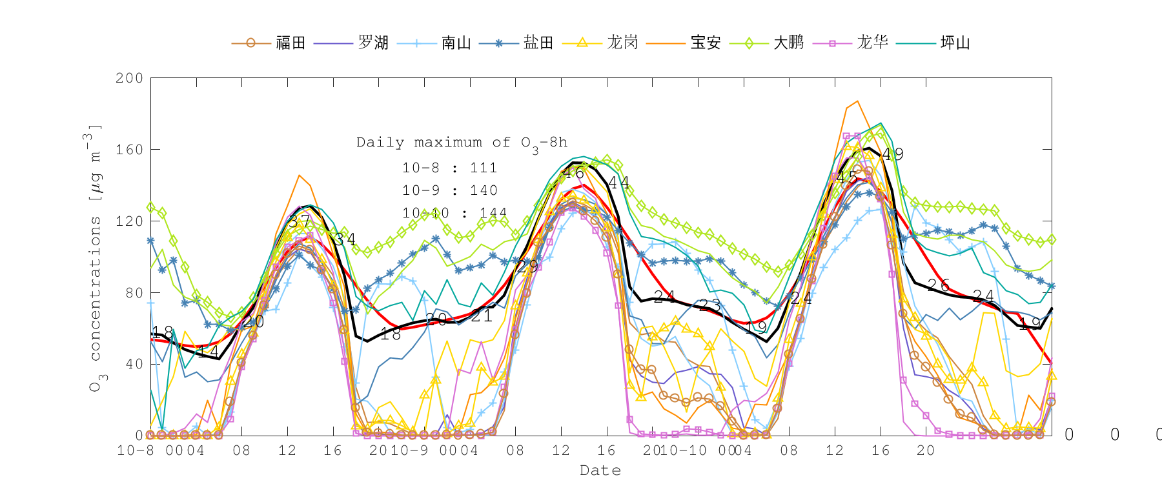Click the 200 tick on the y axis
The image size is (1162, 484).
click(x=129, y=78)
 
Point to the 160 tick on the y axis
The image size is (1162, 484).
click(x=129, y=150)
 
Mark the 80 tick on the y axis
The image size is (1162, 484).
click(x=133, y=293)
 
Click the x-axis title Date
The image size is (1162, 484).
click(x=600, y=470)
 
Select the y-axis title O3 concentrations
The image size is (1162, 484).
click(x=95, y=258)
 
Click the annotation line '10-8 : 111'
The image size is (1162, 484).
click(x=450, y=168)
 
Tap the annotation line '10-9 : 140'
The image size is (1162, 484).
click(x=450, y=191)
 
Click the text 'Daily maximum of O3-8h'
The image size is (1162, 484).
click(x=462, y=143)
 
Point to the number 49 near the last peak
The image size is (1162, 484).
click(x=893, y=154)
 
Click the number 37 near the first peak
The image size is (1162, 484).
click(x=299, y=223)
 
